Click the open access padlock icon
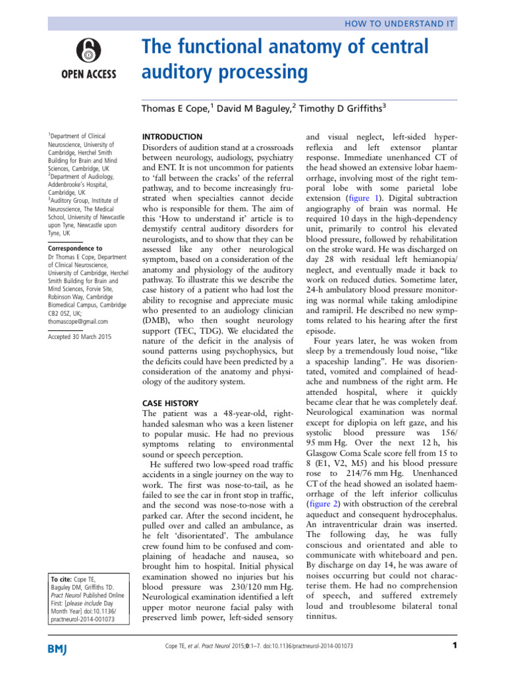88,49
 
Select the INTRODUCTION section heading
173,136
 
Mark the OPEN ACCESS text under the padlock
88,73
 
